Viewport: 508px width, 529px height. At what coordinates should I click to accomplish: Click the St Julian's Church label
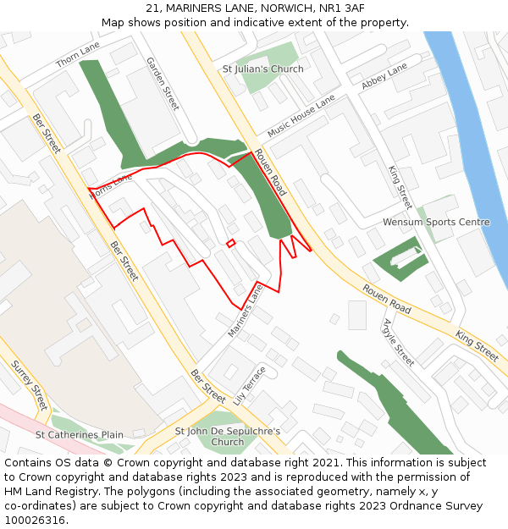[262, 69]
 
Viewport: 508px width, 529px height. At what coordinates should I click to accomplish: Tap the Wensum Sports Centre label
[436, 223]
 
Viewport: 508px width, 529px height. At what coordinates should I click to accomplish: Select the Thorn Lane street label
[77, 54]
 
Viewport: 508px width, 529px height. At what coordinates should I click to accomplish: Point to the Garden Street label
[163, 84]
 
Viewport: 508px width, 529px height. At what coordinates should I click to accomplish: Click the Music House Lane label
[301, 117]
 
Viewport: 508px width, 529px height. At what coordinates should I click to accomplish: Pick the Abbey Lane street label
[384, 76]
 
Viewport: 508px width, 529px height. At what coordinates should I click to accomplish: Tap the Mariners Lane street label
[246, 311]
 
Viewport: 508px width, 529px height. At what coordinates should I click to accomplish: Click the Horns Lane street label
[110, 187]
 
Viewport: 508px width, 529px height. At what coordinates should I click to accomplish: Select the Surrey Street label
[29, 386]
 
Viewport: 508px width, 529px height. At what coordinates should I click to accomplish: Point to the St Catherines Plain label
[79, 435]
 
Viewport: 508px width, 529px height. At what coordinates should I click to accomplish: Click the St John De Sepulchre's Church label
[228, 437]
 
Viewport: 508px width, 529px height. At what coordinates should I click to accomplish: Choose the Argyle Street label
[398, 343]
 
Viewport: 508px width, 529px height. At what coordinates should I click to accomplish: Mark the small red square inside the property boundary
[230, 244]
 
